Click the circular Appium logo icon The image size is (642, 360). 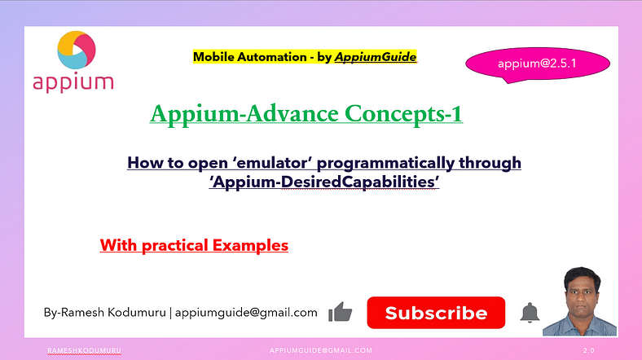click(x=77, y=50)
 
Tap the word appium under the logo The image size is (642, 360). click(x=73, y=83)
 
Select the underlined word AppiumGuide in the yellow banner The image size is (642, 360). click(x=376, y=57)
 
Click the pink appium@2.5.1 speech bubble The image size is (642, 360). click(x=538, y=64)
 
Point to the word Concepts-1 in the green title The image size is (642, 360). click(x=404, y=114)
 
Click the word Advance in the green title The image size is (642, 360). click(x=292, y=113)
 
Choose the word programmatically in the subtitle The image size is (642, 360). click(x=385, y=164)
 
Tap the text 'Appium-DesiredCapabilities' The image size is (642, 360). click(x=324, y=182)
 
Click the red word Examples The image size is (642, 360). click(x=250, y=245)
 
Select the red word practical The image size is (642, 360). click(x=175, y=246)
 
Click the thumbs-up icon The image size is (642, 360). click(x=341, y=312)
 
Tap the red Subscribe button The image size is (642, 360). click(x=436, y=313)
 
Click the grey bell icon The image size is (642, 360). click(x=530, y=313)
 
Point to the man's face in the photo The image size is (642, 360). click(x=582, y=296)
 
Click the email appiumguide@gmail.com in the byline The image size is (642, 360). click(x=246, y=313)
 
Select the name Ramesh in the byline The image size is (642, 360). click(x=82, y=313)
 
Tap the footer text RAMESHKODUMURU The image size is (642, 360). click(x=85, y=350)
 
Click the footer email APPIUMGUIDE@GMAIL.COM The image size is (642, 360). click(x=321, y=350)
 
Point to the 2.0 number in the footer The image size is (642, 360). click(x=589, y=350)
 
